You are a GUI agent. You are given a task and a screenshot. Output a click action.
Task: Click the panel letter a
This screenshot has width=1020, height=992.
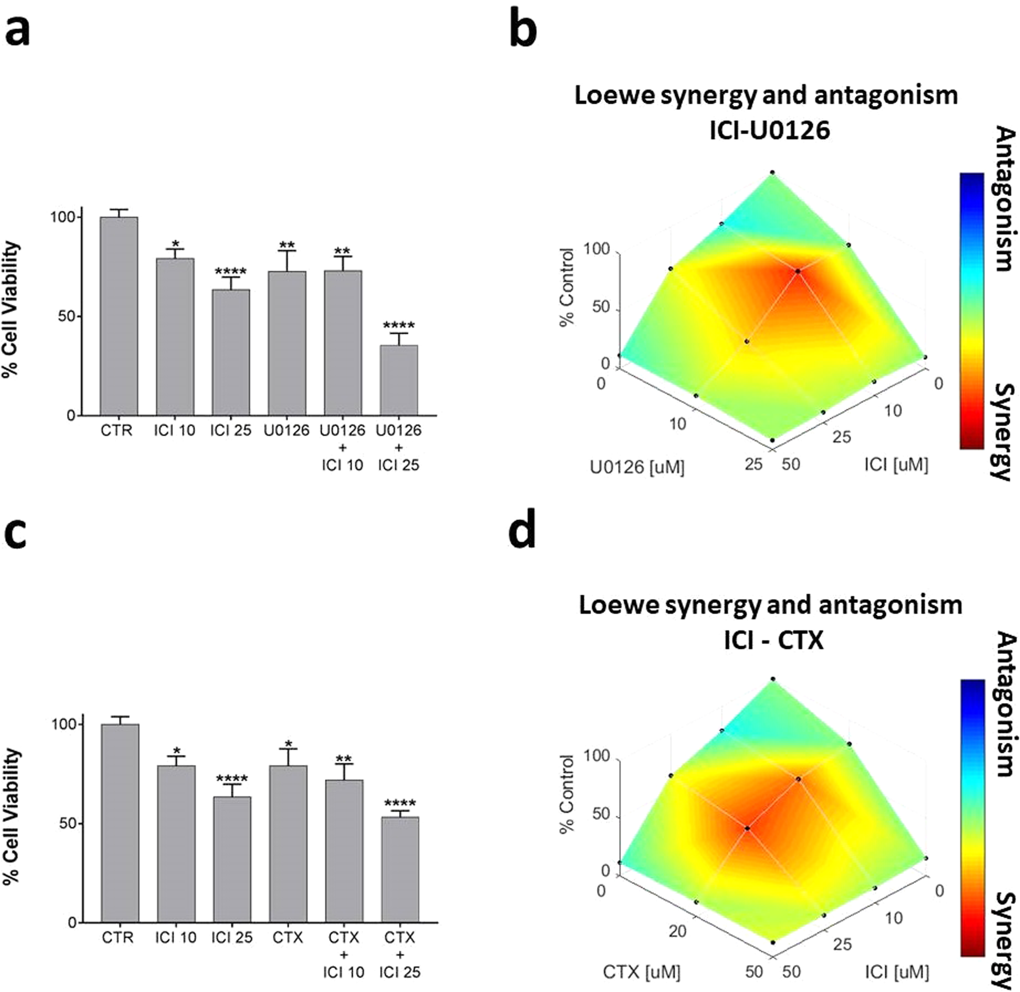tap(17, 31)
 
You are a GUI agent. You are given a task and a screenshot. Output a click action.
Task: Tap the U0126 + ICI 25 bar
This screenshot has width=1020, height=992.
tap(398, 380)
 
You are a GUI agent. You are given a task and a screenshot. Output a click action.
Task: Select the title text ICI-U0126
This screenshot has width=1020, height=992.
tap(770, 130)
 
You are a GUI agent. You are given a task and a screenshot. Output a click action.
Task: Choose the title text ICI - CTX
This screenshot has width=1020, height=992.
tap(774, 640)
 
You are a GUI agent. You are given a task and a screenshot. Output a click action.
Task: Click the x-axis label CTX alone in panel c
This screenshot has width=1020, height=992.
tap(288, 937)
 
